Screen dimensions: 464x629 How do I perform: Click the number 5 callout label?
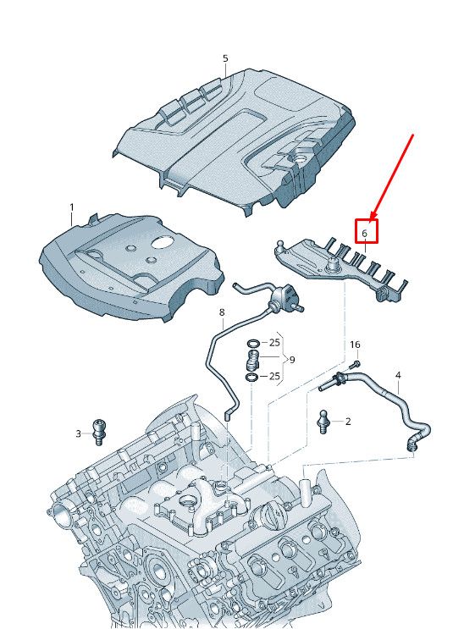(x=225, y=58)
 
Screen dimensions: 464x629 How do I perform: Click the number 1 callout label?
(x=72, y=207)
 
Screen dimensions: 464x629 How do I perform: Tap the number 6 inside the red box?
(x=364, y=233)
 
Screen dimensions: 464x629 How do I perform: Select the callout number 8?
(x=222, y=312)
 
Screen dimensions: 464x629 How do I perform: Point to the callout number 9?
(x=292, y=360)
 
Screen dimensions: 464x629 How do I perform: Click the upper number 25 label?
(x=274, y=343)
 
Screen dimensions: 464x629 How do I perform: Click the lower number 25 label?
(x=274, y=376)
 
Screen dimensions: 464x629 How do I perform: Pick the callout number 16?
(x=355, y=345)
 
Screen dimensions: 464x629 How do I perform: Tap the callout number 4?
(x=398, y=376)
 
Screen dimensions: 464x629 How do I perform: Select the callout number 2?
(x=348, y=422)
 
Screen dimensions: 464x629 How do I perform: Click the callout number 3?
(x=78, y=433)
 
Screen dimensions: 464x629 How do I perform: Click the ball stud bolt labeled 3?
(x=98, y=432)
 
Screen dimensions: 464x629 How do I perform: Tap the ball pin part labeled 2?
(x=324, y=422)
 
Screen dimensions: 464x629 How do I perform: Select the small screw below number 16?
(x=356, y=365)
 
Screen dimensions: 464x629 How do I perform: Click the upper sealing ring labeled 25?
(x=253, y=344)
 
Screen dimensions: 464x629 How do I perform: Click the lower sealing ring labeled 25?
(x=252, y=377)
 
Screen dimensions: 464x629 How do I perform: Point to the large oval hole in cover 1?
(x=162, y=243)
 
